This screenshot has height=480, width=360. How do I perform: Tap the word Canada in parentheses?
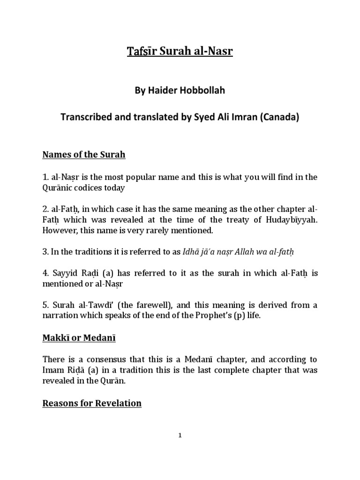pyautogui.click(x=279, y=118)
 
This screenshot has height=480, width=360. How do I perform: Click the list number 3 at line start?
pyautogui.click(x=45, y=252)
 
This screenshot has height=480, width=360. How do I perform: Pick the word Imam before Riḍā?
pyautogui.click(x=53, y=370)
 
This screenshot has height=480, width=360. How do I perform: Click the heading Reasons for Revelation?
pyautogui.click(x=92, y=403)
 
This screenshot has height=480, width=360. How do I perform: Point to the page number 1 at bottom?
pyautogui.click(x=180, y=435)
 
